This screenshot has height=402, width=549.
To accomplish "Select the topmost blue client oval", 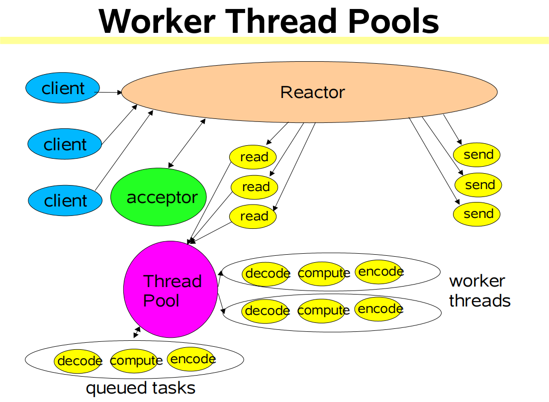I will pyautogui.click(x=63, y=89).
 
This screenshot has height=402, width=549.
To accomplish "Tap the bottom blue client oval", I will pyautogui.click(x=65, y=201).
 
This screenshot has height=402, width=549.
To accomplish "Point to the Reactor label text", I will pyautogui.click(x=312, y=92).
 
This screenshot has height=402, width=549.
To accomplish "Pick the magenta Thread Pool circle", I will pyautogui.click(x=171, y=290).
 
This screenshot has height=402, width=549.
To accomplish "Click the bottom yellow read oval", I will pyautogui.click(x=253, y=216).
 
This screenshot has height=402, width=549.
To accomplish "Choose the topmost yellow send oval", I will pyautogui.click(x=477, y=154).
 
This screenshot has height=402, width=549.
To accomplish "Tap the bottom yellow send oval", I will pyautogui.click(x=476, y=213).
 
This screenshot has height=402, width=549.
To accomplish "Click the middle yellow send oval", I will pyautogui.click(x=478, y=185).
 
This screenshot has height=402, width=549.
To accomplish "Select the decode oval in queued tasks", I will pyautogui.click(x=79, y=361).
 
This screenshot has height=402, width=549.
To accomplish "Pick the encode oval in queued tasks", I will pyautogui.click(x=192, y=359).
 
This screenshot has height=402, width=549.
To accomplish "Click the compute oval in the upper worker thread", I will pyautogui.click(x=322, y=273).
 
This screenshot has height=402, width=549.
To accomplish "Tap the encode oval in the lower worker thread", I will pyautogui.click(x=379, y=309).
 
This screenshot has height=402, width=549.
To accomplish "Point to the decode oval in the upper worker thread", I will pyautogui.click(x=267, y=273).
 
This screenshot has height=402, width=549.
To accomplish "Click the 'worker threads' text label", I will pyautogui.click(x=479, y=291).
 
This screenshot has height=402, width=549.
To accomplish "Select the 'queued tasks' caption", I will pyautogui.click(x=141, y=388).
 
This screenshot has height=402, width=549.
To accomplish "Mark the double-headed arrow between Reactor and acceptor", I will pyautogui.click(x=186, y=143).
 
